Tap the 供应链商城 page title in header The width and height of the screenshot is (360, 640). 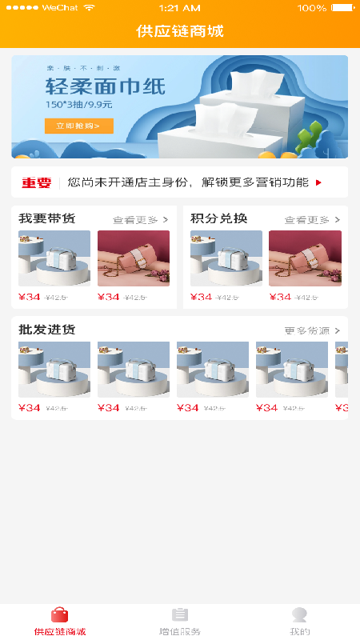[180, 32]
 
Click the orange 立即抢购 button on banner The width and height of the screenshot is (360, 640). [78, 126]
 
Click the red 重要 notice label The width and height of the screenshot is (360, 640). [36, 183]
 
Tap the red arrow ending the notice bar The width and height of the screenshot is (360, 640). [318, 183]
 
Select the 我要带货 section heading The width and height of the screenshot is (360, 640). [46, 219]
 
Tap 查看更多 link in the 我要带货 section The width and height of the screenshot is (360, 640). [140, 220]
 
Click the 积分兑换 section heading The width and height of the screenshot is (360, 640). [218, 219]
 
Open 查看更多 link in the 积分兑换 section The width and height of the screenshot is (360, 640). [311, 220]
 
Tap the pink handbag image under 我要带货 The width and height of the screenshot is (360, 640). [134, 258]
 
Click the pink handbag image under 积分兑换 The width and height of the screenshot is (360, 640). [305, 258]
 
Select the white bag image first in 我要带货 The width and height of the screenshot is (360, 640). [54, 258]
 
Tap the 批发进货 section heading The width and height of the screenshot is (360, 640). [46, 330]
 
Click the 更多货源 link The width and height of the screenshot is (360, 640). [312, 330]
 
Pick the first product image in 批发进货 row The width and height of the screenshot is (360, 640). [54, 370]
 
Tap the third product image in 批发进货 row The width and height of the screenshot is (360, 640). [213, 370]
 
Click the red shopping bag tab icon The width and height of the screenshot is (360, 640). [60, 614]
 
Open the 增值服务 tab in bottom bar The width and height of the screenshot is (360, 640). [180, 620]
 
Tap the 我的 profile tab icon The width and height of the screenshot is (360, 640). [300, 614]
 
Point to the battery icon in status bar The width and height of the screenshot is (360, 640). [342, 7]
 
